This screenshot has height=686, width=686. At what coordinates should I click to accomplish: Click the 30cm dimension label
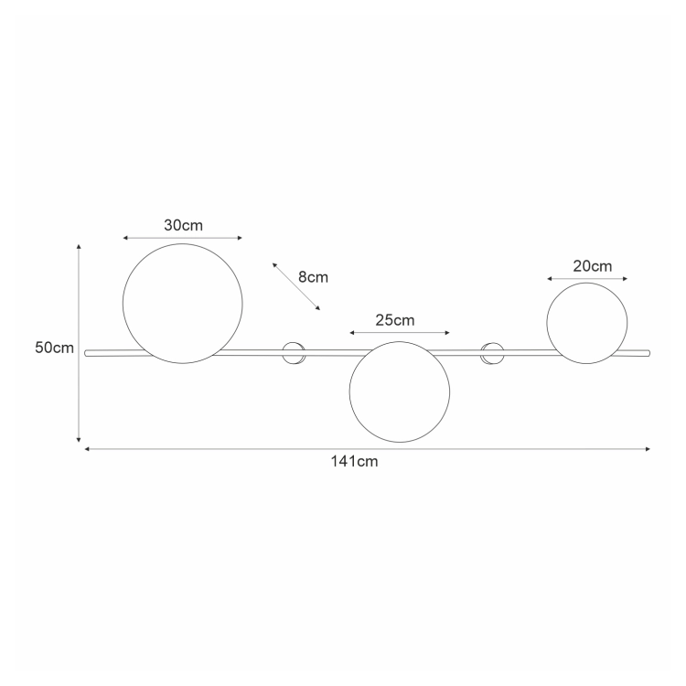click(183, 225)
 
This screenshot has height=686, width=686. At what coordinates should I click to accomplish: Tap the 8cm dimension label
click(313, 277)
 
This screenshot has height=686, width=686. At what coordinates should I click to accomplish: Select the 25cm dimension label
click(394, 320)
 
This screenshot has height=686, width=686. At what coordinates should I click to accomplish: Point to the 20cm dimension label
click(593, 266)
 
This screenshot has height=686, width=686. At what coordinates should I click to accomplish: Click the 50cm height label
click(54, 348)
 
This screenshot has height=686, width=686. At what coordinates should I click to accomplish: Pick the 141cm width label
click(354, 462)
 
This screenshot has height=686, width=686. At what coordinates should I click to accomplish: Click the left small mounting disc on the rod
click(293, 353)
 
